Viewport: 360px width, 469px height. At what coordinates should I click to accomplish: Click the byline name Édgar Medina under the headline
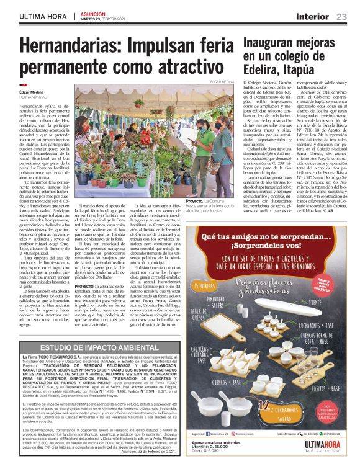(x=32, y=92)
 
